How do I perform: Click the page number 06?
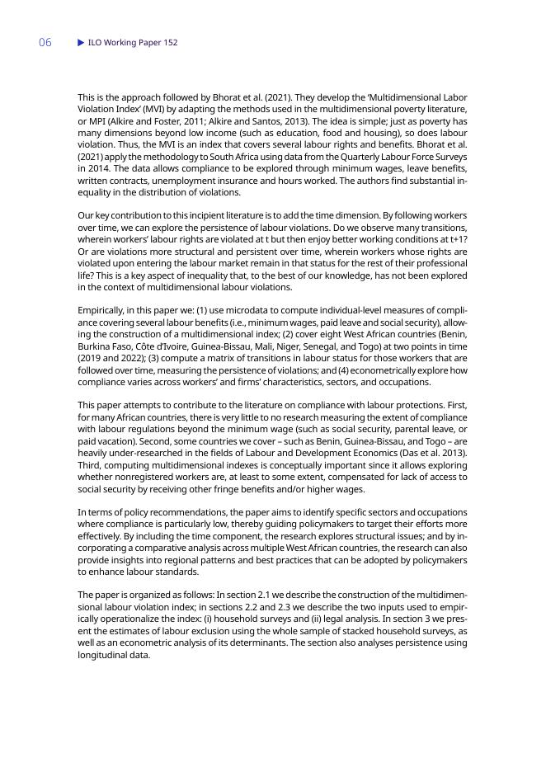45,43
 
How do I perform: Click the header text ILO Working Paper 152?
133,43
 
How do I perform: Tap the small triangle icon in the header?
81,43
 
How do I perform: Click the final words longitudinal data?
114,655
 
